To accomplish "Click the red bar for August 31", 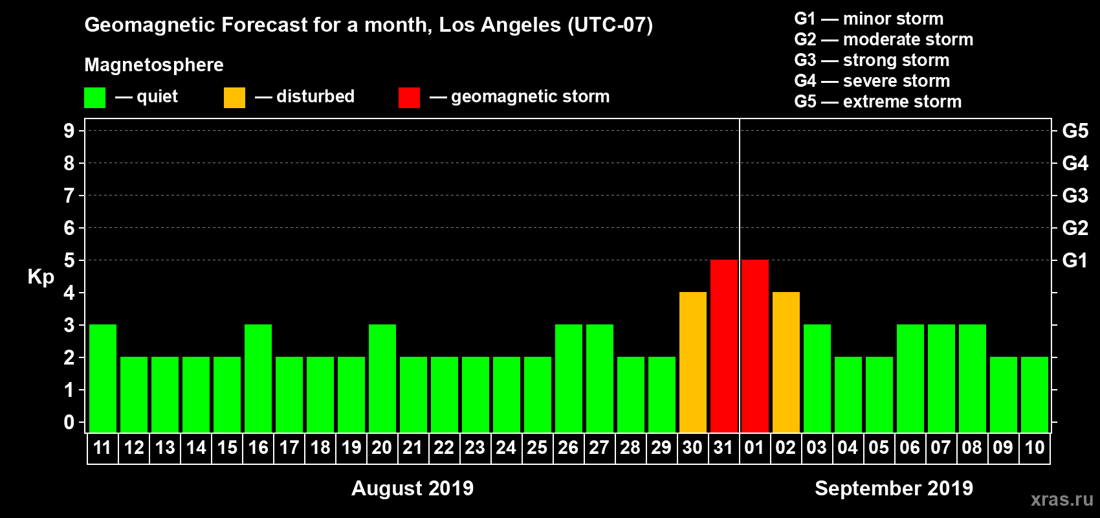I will tap(724, 346).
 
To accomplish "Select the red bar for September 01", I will tap(755, 346).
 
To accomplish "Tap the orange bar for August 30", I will tap(693, 362).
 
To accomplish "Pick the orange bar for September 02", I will tap(786, 362).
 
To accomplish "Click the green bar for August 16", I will tap(258, 378).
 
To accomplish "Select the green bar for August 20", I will tap(382, 378).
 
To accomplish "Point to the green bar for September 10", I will tap(1035, 394).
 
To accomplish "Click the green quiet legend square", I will tap(95, 98).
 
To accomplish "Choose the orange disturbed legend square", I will tap(235, 98).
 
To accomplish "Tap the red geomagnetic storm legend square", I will tap(410, 98).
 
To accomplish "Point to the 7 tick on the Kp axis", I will tap(69, 196).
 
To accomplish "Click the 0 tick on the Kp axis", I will tap(69, 423).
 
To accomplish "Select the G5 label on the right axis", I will tap(1075, 131).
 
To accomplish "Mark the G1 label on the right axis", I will tap(1075, 260).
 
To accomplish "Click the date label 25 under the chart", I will tap(537, 447).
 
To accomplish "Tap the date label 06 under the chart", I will tap(910, 447).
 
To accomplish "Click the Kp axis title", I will tap(41, 276).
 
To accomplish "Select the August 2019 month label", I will tap(412, 488).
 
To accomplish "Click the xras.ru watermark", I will tap(1062, 499).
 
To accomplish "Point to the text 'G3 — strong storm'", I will tap(872, 60).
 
